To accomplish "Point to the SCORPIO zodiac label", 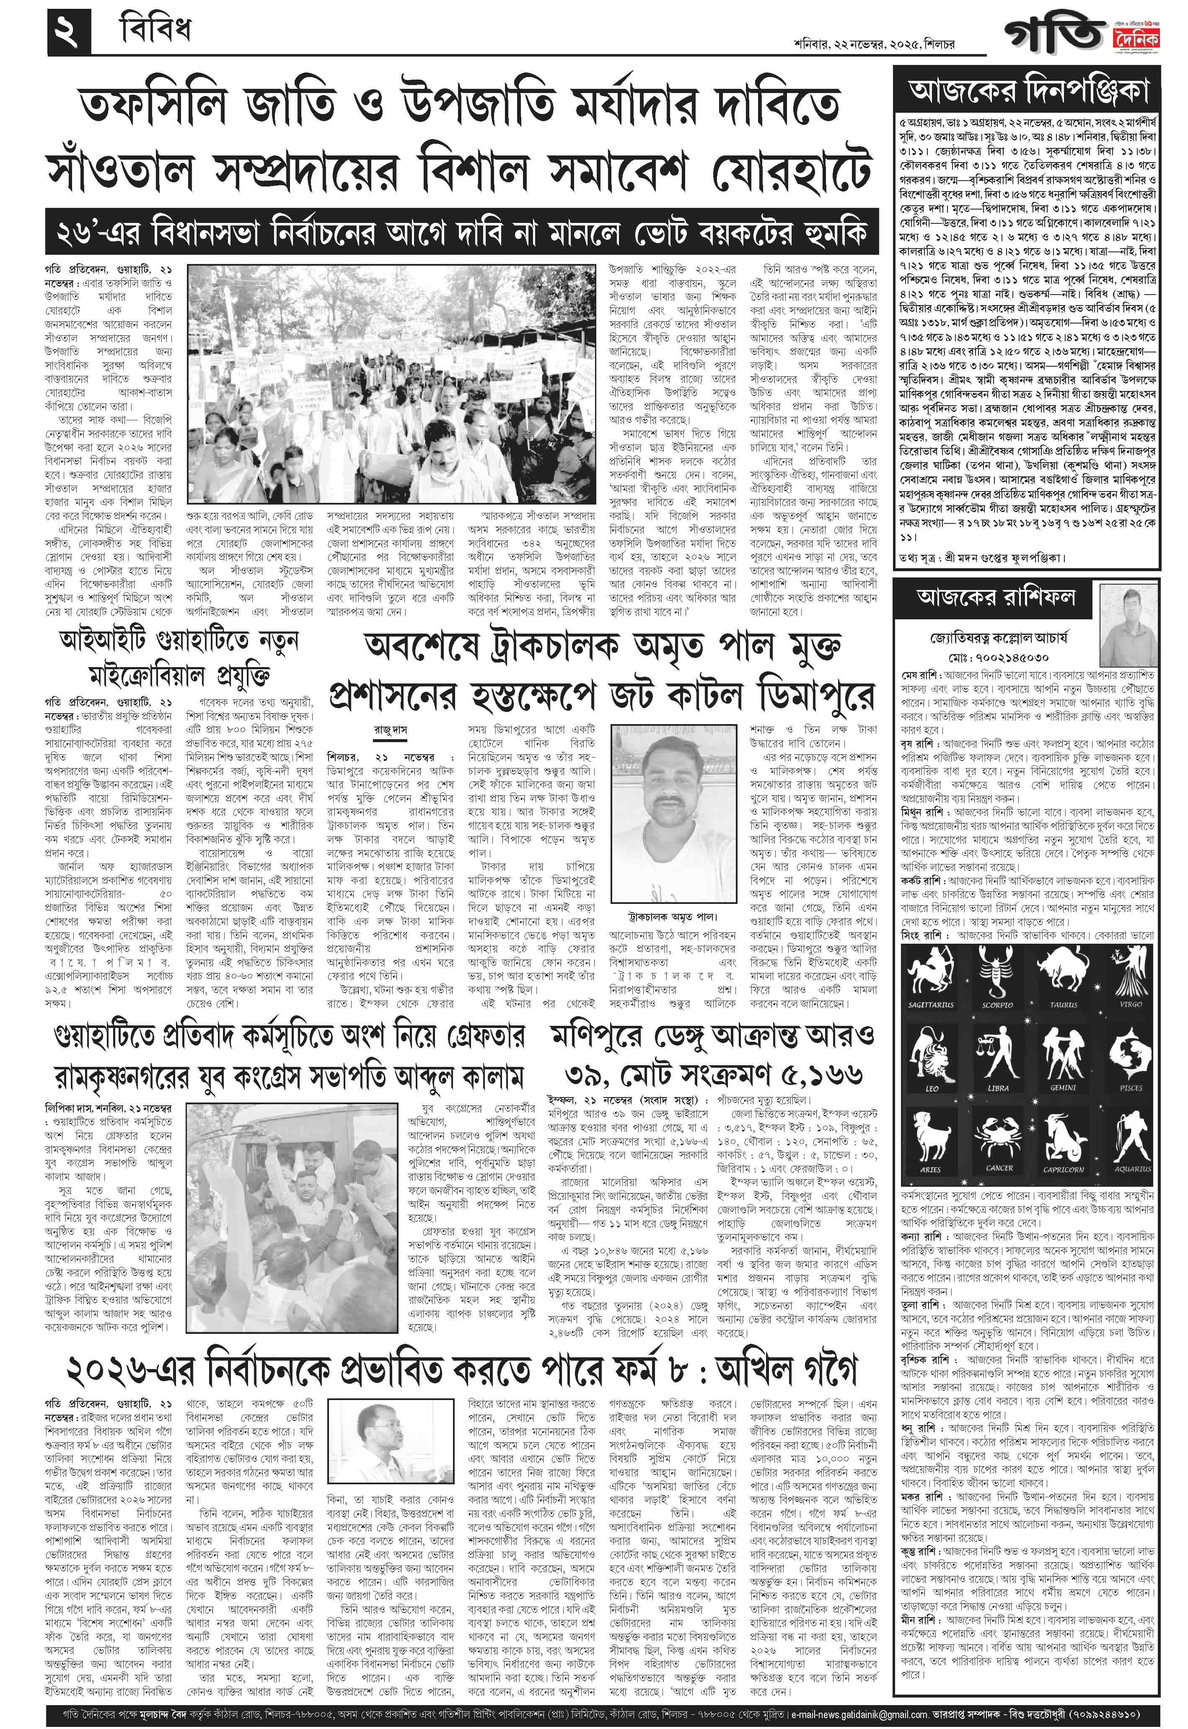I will point(997,1005).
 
